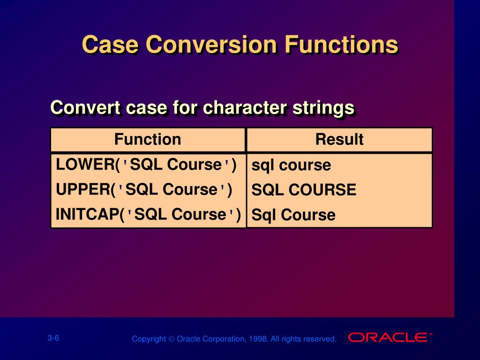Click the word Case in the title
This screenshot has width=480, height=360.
(x=110, y=45)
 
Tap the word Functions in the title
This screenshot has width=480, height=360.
(x=341, y=45)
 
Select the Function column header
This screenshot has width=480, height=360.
(x=148, y=139)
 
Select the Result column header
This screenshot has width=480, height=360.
(x=339, y=139)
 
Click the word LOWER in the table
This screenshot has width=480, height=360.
(x=85, y=165)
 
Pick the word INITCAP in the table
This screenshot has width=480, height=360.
(x=88, y=214)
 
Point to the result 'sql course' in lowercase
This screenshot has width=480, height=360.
(x=291, y=165)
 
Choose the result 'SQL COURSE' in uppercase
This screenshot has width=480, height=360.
(x=304, y=190)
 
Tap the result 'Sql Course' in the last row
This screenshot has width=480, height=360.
(x=293, y=215)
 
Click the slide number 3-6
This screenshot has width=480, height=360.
(x=53, y=338)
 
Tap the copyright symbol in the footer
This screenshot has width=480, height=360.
(x=171, y=339)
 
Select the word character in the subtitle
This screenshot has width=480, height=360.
(x=245, y=107)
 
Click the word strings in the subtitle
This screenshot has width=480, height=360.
(x=323, y=108)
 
